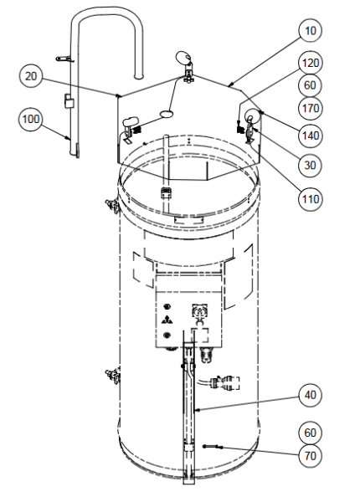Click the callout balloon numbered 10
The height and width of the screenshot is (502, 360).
pyautogui.click(x=310, y=31)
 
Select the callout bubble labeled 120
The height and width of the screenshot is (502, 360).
pyautogui.click(x=310, y=63)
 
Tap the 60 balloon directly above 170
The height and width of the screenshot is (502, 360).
pyautogui.click(x=310, y=85)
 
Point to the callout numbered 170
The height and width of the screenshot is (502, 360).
pyautogui.click(x=310, y=108)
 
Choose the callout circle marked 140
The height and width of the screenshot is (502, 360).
pyautogui.click(x=310, y=136)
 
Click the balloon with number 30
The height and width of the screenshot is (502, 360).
pyautogui.click(x=310, y=165)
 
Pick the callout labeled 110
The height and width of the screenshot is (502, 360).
pyautogui.click(x=310, y=199)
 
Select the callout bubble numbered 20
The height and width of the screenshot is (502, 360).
pyautogui.click(x=31, y=76)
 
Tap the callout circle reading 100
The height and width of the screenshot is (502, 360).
pyautogui.click(x=30, y=119)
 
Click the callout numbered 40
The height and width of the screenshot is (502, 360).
pyautogui.click(x=310, y=395)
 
